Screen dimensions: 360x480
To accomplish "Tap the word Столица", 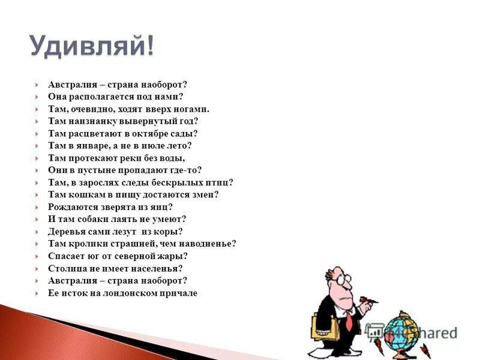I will pos(68,268).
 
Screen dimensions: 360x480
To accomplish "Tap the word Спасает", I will pos(67,256).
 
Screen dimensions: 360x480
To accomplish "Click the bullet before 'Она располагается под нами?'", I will pos(37,97).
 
